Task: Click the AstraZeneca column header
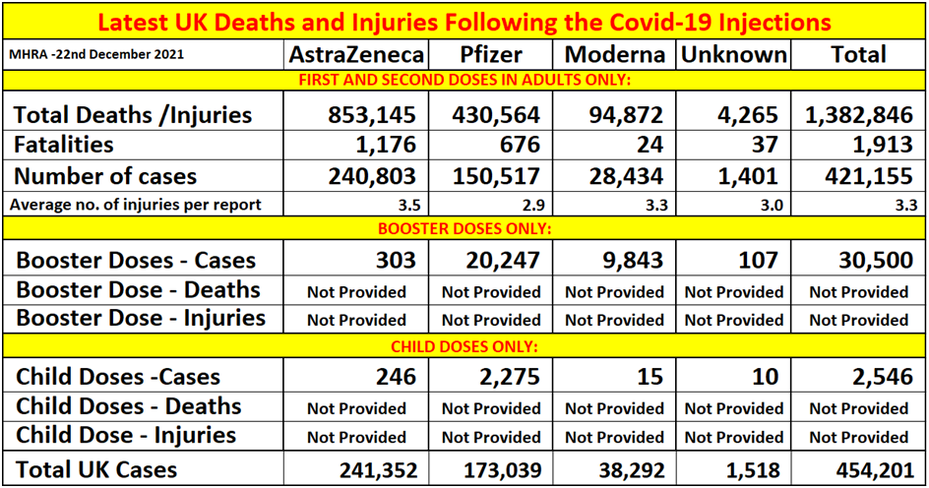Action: [355, 54]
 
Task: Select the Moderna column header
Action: [616, 54]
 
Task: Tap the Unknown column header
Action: [733, 54]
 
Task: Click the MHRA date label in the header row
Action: [93, 53]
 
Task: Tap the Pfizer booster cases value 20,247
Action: [497, 261]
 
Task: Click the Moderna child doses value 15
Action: [649, 377]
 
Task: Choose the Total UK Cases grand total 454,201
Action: [874, 470]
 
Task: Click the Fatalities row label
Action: [63, 145]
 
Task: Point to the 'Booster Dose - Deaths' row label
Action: [138, 290]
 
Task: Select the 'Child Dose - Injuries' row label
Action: [126, 435]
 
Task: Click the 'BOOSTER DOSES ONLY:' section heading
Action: [464, 229]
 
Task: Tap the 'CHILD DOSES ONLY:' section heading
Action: [464, 346]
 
